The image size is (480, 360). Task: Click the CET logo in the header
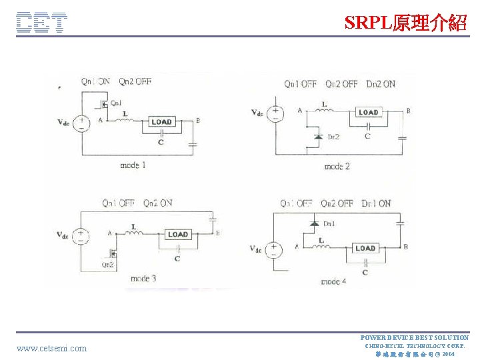tap(41, 22)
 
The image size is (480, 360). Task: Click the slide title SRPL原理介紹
tap(405, 23)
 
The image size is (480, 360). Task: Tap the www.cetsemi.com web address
tap(51, 348)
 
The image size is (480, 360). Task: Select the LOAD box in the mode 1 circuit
tap(161, 121)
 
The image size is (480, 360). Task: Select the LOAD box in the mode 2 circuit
tap(368, 113)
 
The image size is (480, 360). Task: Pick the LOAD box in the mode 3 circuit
tap(177, 234)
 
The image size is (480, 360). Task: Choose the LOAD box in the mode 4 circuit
tap(365, 248)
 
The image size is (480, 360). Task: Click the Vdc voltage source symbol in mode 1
tap(81, 123)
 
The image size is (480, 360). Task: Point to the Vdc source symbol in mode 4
tap(274, 249)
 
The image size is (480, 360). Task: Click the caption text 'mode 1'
tap(133, 165)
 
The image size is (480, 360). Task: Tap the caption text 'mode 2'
tap(337, 165)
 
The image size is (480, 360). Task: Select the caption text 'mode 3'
tap(143, 278)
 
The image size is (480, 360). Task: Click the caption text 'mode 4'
tap(333, 281)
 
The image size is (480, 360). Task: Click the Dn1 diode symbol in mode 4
tap(313, 223)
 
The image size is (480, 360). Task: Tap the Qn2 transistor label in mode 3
tap(107, 265)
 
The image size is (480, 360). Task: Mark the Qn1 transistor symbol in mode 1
tap(102, 104)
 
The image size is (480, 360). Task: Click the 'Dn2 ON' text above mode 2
tap(379, 84)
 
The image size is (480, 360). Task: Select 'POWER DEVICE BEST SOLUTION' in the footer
tap(414, 338)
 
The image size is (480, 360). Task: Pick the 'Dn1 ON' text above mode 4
tap(376, 203)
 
